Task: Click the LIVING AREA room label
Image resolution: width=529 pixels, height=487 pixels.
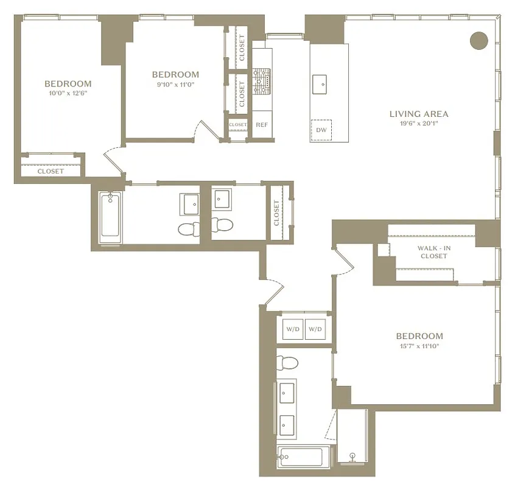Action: point(419,114)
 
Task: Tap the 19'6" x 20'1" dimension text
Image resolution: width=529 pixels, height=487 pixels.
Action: point(419,124)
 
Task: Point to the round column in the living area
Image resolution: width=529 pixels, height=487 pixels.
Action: point(479,40)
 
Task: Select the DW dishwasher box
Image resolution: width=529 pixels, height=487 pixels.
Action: point(321,130)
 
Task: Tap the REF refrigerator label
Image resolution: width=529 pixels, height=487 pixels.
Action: point(262,125)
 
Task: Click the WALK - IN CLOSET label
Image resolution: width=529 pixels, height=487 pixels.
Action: point(433,252)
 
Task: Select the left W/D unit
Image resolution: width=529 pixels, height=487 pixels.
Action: point(292,329)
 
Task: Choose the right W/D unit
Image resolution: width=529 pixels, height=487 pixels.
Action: point(315,329)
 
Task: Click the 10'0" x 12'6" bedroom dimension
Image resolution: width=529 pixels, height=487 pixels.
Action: point(68,93)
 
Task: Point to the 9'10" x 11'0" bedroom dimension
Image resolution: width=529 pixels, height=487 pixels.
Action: point(175,85)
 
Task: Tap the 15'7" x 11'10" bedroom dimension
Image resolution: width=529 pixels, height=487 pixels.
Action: point(419,346)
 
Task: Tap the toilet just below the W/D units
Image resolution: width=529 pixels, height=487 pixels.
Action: point(286,363)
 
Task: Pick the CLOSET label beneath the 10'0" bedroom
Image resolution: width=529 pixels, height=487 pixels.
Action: point(51,171)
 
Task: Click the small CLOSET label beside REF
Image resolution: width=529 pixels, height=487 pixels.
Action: point(237,125)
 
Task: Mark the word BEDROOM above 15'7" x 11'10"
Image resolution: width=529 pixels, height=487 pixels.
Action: point(419,336)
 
